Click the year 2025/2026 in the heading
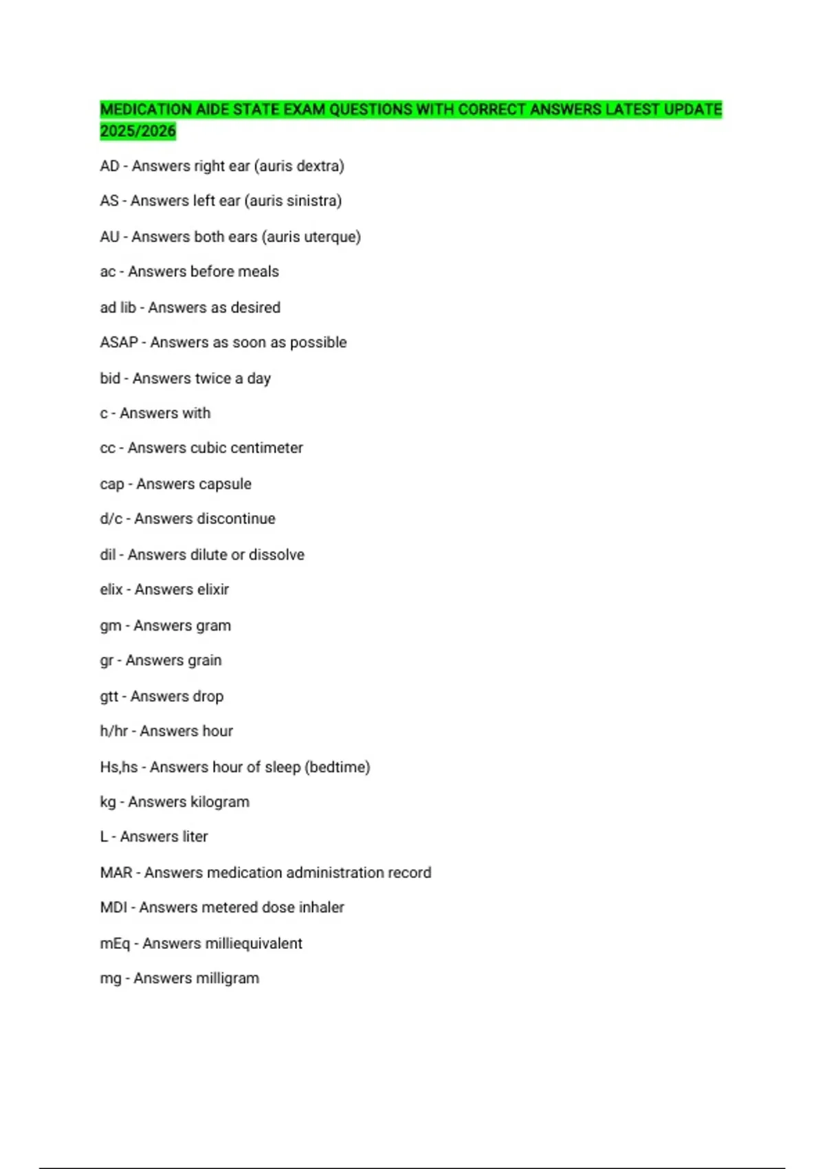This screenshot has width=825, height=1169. click(137, 131)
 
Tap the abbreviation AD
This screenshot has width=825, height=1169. click(109, 166)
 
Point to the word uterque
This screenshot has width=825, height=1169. click(332, 237)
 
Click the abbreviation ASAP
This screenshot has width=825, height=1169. click(119, 342)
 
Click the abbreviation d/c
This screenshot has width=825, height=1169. click(111, 518)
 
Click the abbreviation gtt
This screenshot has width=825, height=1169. click(109, 697)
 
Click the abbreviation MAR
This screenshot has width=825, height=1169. click(115, 873)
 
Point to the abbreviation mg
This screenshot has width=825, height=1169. click(110, 979)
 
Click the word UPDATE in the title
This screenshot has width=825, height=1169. click(693, 109)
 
